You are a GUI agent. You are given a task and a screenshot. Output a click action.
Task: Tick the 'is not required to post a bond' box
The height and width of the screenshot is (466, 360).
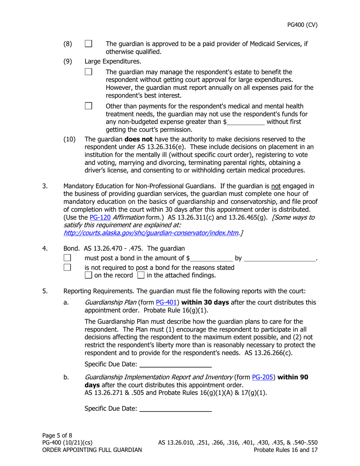point(67,268)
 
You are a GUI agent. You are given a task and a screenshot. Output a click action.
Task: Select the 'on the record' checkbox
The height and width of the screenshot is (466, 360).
point(88,275)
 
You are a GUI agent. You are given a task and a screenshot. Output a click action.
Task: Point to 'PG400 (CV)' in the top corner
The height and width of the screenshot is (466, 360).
point(302,25)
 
